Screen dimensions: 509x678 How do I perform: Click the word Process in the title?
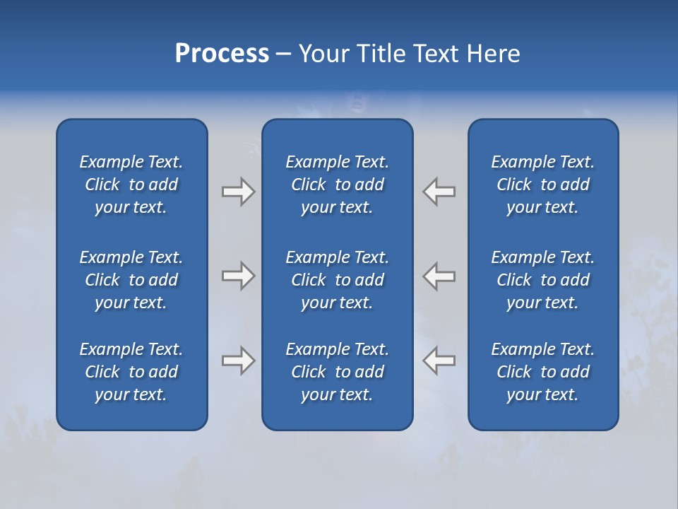222,54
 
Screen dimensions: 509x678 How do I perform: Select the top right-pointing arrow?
238,192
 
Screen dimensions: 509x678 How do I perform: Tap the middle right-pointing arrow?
238,276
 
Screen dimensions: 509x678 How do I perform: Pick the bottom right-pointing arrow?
238,361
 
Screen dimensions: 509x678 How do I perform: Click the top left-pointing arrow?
439,192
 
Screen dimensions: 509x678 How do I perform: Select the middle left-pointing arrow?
439,276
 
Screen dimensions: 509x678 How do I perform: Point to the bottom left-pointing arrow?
439,361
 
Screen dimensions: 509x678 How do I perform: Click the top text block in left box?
131,185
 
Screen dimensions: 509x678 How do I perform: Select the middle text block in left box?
131,280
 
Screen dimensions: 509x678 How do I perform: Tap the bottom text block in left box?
131,372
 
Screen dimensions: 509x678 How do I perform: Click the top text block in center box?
338,185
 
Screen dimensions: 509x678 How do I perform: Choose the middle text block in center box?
338,280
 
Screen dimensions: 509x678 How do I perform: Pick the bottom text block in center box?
338,372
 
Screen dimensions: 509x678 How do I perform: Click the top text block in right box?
543,185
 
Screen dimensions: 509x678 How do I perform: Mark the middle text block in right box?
543,280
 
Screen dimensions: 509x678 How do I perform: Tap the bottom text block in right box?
543,372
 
